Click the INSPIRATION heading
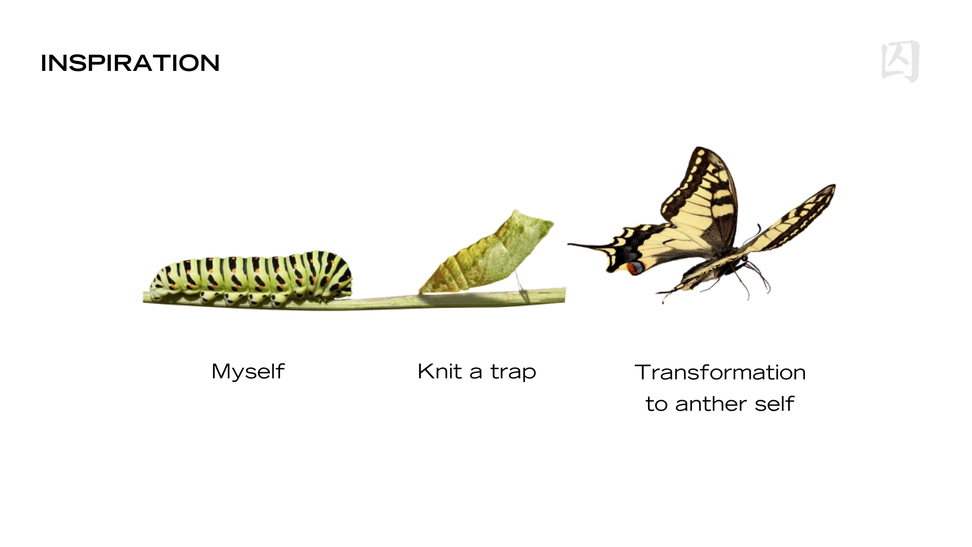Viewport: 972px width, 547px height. point(130,63)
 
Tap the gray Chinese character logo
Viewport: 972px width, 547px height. point(901,61)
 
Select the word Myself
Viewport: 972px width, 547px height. point(248,372)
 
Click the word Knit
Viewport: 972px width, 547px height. point(439,371)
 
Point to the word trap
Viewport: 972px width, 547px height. point(513,373)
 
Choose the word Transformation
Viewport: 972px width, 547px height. point(720,372)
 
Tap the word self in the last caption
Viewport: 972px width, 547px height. point(774,404)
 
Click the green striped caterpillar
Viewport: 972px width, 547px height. point(252,278)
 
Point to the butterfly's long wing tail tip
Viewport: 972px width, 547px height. point(569,245)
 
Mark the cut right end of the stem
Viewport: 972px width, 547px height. point(564,295)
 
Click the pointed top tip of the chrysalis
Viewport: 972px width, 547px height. point(516,211)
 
